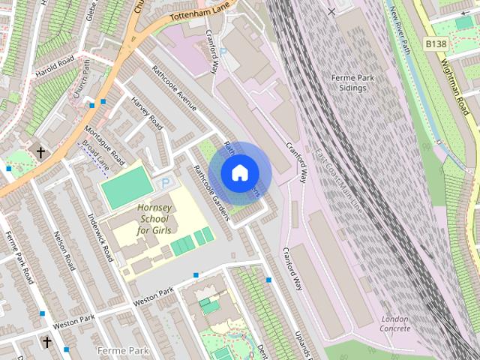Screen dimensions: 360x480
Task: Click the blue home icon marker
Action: pyautogui.click(x=238, y=173)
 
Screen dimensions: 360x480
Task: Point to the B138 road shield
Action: pyautogui.click(x=436, y=44)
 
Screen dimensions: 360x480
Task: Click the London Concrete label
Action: pyautogui.click(x=394, y=323)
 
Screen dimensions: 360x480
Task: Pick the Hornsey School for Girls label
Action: pyautogui.click(x=154, y=218)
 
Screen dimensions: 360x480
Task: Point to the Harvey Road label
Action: pyautogui.click(x=147, y=112)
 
